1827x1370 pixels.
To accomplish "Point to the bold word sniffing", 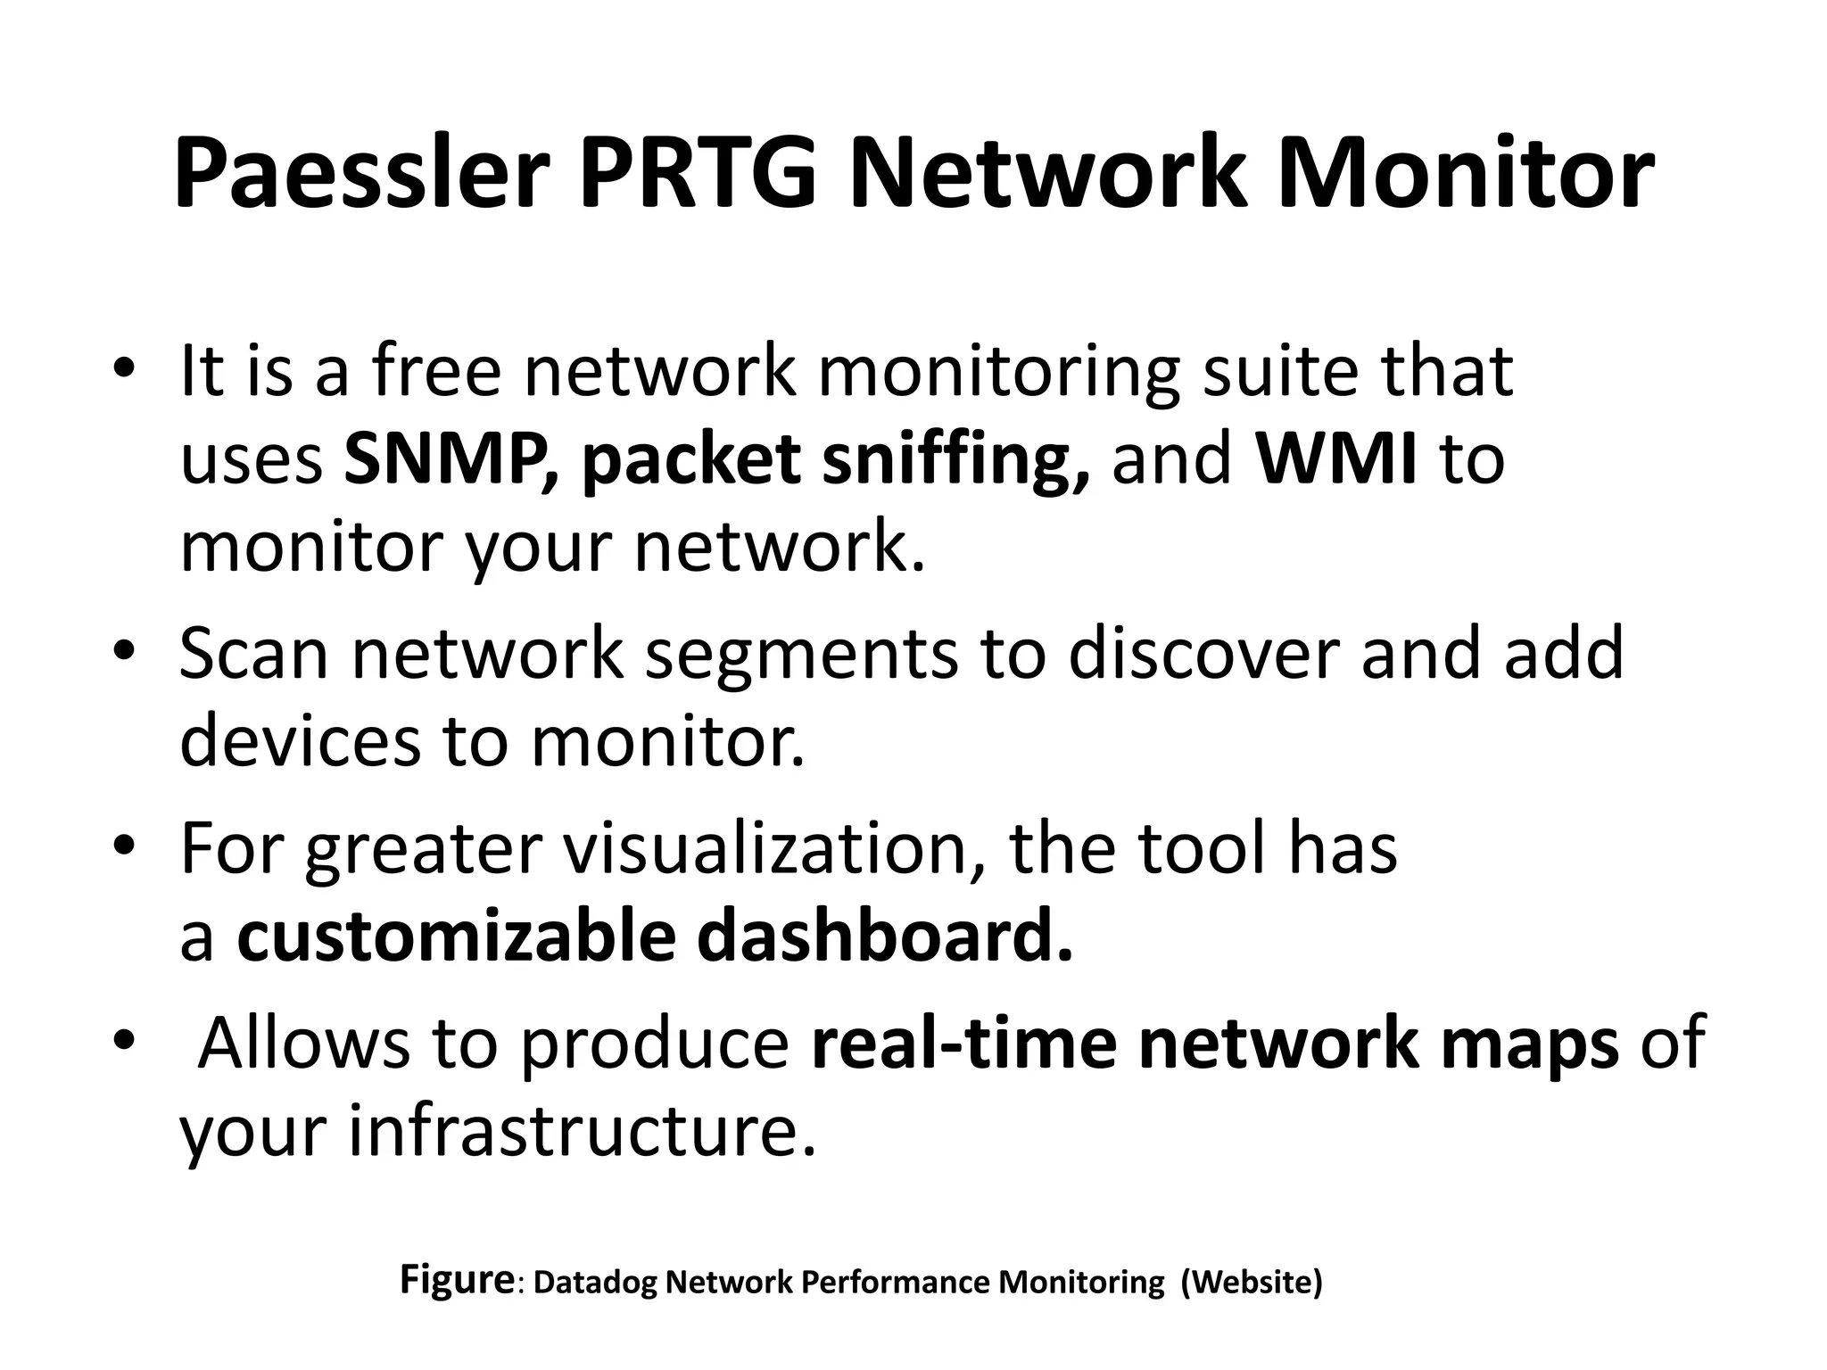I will pos(955,462).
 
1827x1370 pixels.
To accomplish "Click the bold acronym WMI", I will pos(1336,458).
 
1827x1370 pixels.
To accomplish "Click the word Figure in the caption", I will pos(456,1279).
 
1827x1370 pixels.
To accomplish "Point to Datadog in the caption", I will pos(596,1283).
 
